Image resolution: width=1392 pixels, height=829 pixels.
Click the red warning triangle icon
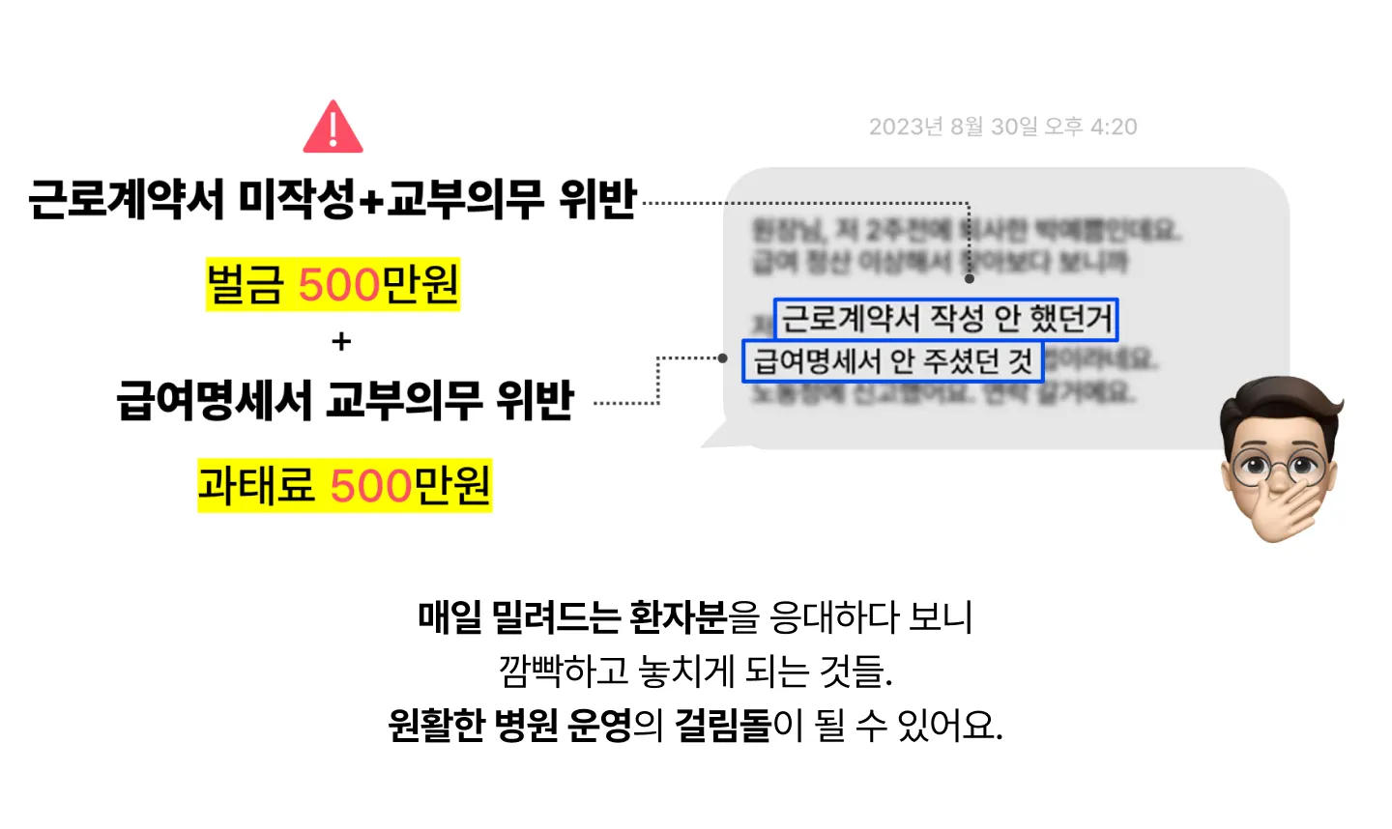click(333, 128)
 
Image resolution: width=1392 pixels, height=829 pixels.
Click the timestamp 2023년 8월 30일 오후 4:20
click(1002, 127)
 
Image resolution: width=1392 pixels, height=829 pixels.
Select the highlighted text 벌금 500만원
click(333, 284)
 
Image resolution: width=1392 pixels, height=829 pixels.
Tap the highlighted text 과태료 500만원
click(344, 485)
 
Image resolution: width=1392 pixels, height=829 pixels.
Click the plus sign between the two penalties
click(341, 342)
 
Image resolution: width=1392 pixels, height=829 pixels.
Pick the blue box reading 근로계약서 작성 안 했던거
click(945, 319)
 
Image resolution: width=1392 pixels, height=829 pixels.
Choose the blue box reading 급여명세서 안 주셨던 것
click(892, 361)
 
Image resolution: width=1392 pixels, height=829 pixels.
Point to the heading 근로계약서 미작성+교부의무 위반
click(333, 199)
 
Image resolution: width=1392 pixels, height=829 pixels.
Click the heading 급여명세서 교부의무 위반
click(345, 400)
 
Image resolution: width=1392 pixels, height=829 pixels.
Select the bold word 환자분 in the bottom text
click(678, 617)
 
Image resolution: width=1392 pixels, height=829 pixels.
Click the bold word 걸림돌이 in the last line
click(739, 724)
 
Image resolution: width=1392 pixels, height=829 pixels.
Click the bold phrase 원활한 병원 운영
click(509, 724)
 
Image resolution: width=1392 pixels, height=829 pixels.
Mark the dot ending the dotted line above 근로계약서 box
click(969, 279)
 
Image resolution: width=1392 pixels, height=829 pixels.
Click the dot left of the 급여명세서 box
click(722, 358)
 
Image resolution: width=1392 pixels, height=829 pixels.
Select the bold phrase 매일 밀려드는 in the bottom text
click(518, 617)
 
